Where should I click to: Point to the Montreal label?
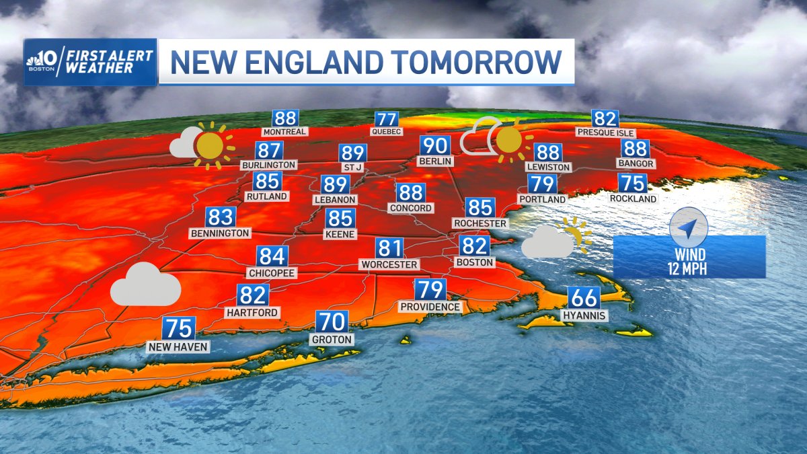tap(284, 132)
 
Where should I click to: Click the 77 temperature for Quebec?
tap(387, 119)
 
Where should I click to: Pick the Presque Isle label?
tap(605, 133)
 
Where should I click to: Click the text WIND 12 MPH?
tap(690, 262)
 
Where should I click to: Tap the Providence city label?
tap(430, 307)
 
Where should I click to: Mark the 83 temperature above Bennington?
tap(221, 217)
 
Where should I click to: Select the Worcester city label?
tap(389, 264)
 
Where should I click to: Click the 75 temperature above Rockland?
tap(632, 183)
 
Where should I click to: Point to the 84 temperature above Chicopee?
tap(272, 256)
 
